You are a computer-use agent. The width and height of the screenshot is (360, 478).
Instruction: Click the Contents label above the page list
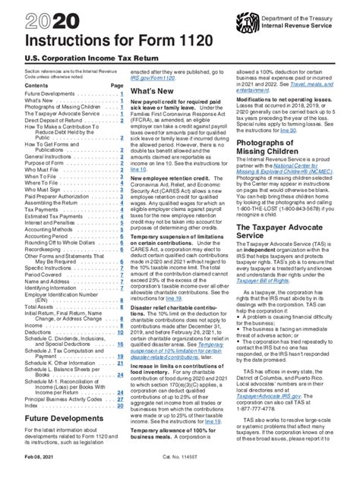(x=27, y=107)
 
